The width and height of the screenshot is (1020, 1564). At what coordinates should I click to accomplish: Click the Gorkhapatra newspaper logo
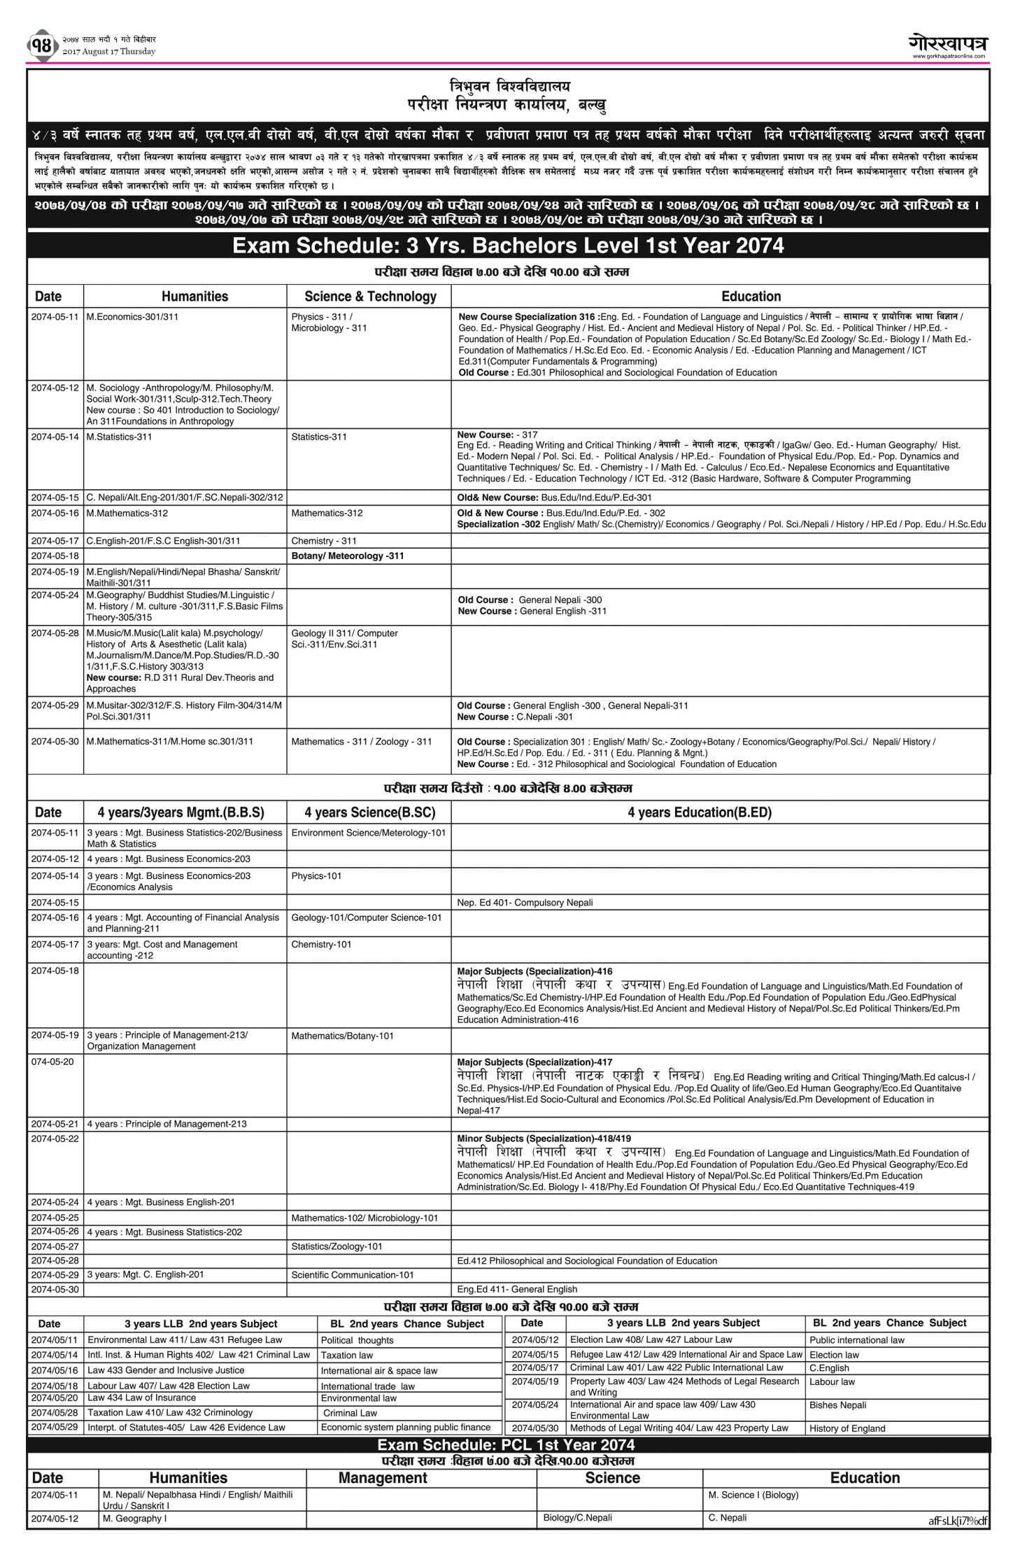point(948,43)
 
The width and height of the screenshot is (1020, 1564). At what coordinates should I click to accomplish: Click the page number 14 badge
point(41,46)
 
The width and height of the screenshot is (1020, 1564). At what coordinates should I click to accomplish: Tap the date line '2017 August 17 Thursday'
point(108,52)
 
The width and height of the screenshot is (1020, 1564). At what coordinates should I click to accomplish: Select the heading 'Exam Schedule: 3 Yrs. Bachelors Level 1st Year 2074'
point(508,246)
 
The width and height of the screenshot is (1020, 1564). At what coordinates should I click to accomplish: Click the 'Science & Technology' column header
point(370,296)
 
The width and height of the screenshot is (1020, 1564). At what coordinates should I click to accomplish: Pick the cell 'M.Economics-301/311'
point(132,317)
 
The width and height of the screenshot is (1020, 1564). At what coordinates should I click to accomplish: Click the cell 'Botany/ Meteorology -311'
point(348,556)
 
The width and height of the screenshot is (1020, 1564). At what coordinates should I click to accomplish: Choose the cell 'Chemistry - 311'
point(324,541)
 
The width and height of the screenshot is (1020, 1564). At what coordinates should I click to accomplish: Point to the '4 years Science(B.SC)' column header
point(369,812)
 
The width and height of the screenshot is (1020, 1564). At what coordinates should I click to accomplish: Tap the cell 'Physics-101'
point(316,876)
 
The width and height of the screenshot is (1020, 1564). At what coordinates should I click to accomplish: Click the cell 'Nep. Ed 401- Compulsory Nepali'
point(525,903)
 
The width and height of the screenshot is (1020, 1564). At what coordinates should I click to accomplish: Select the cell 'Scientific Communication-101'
point(353,1275)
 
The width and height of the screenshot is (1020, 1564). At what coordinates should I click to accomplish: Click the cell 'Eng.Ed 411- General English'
point(517,1289)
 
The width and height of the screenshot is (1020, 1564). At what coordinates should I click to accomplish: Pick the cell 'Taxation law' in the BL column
point(347,1355)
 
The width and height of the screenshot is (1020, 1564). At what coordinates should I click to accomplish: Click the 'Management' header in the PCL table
point(382,1478)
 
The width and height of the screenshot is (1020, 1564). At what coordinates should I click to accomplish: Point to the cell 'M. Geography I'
point(134,1519)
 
